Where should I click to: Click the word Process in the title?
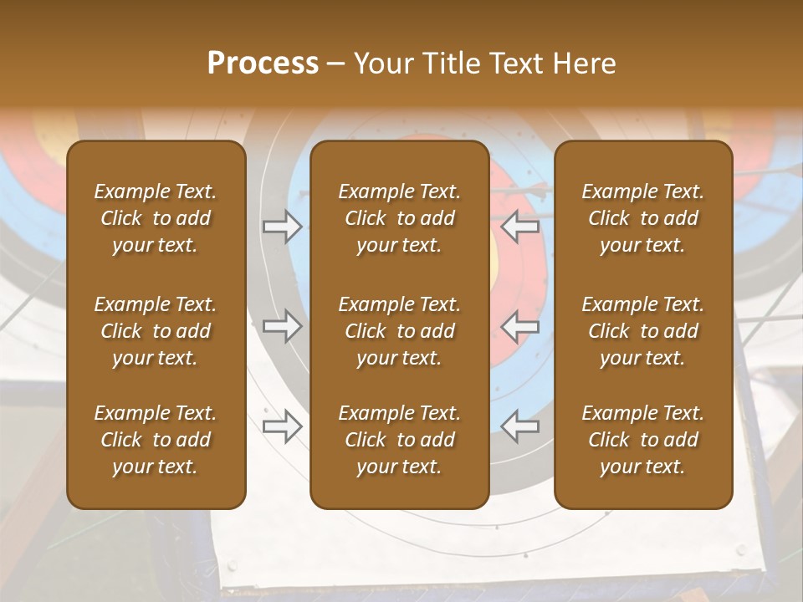(x=263, y=64)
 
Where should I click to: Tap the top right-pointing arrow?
(x=282, y=227)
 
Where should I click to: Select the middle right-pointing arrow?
(x=282, y=326)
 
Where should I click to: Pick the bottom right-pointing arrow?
(x=282, y=426)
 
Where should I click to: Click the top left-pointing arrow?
(x=520, y=227)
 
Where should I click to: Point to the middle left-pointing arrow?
(x=520, y=326)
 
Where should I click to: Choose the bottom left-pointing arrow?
(x=520, y=426)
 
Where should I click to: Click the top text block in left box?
(x=156, y=218)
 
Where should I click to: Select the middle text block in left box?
(x=156, y=331)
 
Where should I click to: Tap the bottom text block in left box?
(x=156, y=440)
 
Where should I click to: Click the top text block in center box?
(x=399, y=218)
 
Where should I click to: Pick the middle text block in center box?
(x=399, y=331)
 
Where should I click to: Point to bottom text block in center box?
(x=399, y=440)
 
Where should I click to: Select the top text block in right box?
(x=642, y=218)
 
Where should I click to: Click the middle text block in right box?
(x=642, y=331)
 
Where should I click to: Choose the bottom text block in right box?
(x=642, y=440)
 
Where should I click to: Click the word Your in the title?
(x=381, y=64)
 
